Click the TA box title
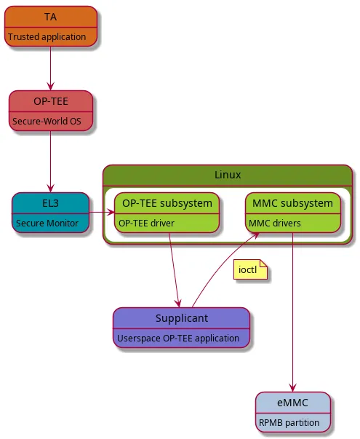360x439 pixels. tap(50, 16)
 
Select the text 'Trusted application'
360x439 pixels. tap(47, 36)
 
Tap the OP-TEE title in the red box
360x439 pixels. tap(50, 101)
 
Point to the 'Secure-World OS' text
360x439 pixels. tap(47, 121)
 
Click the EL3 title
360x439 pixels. tap(50, 203)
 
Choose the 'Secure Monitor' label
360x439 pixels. tap(47, 223)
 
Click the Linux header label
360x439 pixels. tap(228, 175)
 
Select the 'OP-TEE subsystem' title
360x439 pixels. tap(167, 202)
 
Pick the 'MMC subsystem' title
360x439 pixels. tap(292, 202)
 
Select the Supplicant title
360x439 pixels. tap(181, 318)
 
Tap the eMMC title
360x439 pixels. tap(292, 402)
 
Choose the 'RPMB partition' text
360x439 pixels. tap(288, 422)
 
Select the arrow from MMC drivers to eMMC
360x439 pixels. tap(292, 313)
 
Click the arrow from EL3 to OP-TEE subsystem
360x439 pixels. tap(101, 213)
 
